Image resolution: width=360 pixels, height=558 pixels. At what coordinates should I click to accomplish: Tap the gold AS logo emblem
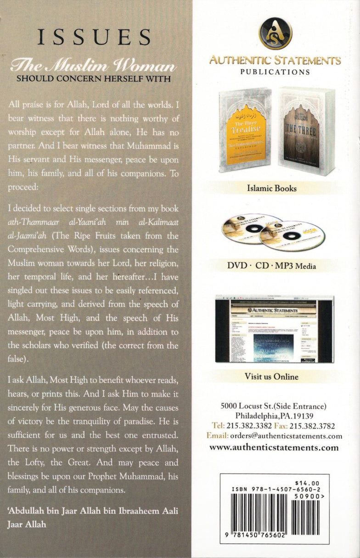click(x=275, y=33)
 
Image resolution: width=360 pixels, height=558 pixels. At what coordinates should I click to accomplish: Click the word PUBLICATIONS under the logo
click(x=275, y=72)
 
